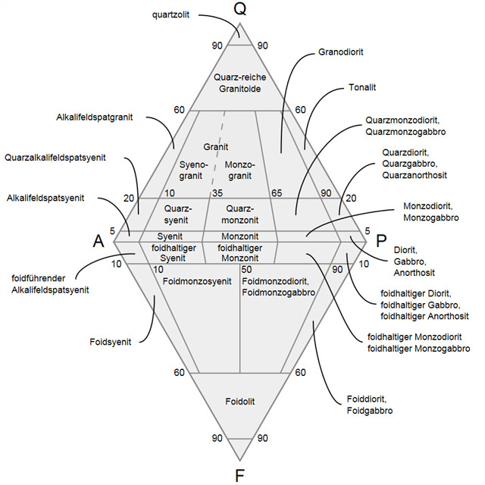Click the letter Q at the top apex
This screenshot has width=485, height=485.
coord(240,11)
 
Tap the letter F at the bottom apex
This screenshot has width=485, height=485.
coord(240,475)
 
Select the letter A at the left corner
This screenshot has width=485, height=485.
coord(99,241)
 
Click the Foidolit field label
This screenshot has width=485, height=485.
coord(240,400)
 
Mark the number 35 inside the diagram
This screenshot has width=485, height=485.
coord(217,193)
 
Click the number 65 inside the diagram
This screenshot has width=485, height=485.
coord(276,193)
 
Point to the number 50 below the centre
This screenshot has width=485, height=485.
coord(246,269)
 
